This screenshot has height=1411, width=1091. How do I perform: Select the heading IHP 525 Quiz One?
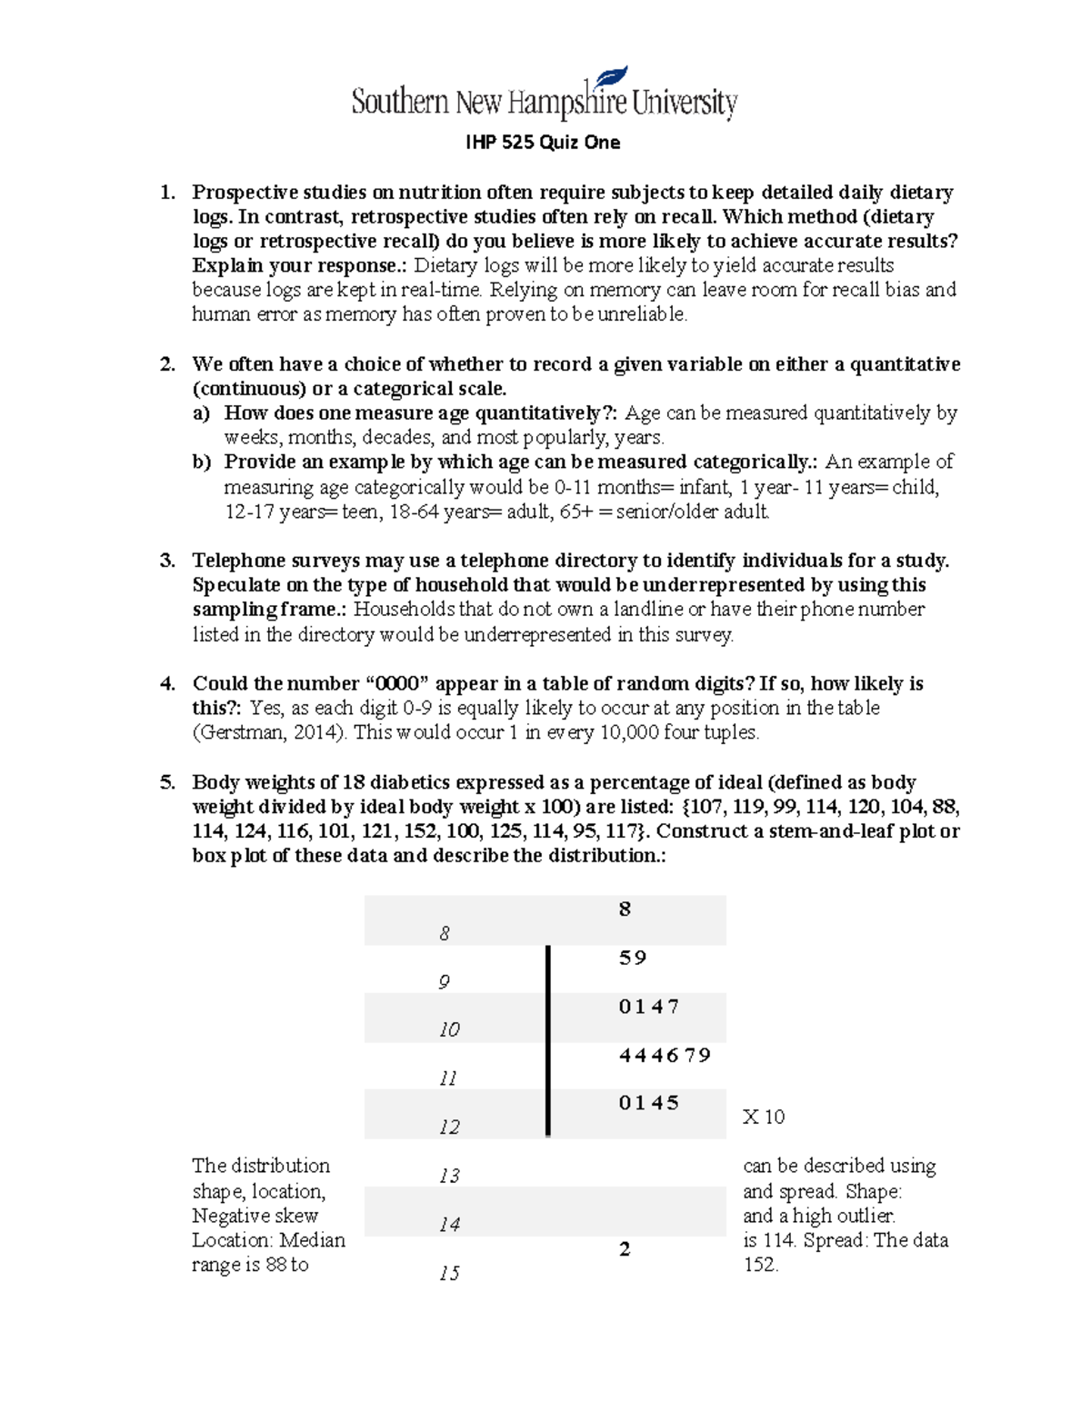[x=543, y=143]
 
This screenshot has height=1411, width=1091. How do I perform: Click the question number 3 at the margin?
[x=167, y=561]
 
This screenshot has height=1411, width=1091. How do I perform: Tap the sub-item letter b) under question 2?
[x=201, y=462]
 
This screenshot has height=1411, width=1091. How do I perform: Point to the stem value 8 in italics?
[x=444, y=933]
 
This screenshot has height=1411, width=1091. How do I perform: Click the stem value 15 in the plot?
[x=448, y=1273]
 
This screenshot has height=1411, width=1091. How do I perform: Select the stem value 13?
[x=448, y=1176]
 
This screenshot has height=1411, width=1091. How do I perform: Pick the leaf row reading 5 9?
[x=632, y=958]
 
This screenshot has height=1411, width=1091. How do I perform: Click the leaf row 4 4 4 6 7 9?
[x=665, y=1055]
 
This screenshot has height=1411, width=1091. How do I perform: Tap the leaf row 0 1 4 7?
[x=648, y=1006]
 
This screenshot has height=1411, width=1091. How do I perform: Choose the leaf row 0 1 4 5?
[x=648, y=1103]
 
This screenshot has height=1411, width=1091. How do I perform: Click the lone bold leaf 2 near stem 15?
[x=625, y=1249]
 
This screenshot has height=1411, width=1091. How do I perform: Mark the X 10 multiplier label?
[x=763, y=1117]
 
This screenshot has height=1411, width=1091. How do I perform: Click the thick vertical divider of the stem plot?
[x=548, y=1040]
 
